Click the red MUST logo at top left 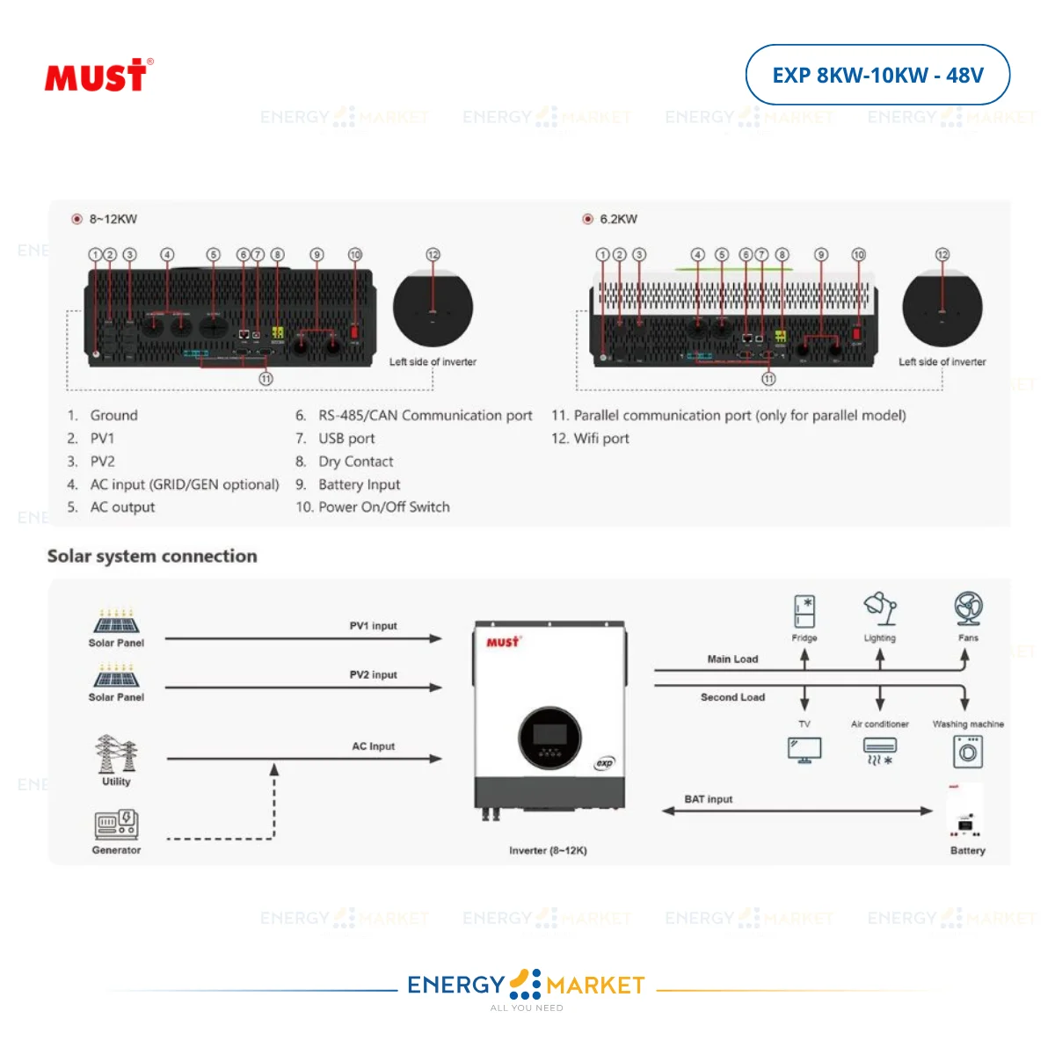click(98, 76)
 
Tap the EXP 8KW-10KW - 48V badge click(877, 76)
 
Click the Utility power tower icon click(116, 754)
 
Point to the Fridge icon click(804, 612)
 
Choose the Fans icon click(968, 609)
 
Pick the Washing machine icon click(968, 752)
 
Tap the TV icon click(804, 750)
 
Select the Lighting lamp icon click(880, 608)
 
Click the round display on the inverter click(550, 738)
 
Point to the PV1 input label click(373, 626)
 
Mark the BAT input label click(708, 799)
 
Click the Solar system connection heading click(152, 556)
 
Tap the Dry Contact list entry click(355, 462)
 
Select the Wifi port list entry click(601, 439)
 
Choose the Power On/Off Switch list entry click(383, 507)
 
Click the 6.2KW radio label click(618, 219)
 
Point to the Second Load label click(732, 697)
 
